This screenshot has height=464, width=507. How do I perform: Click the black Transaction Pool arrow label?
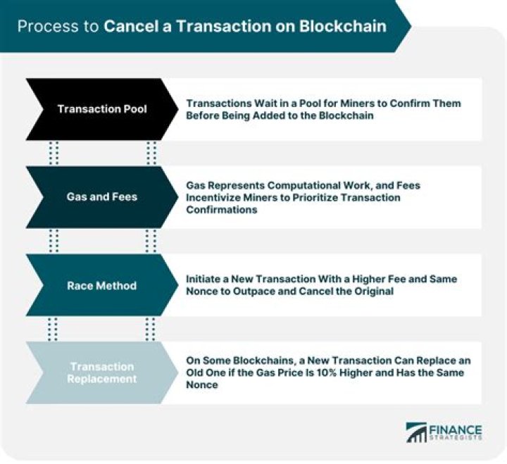coord(102,109)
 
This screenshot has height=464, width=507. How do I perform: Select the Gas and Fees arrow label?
coord(102,197)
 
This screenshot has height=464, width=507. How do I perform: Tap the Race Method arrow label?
coord(102,286)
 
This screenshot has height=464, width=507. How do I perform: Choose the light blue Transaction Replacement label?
coord(102,372)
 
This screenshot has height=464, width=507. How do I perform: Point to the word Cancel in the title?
coord(129,27)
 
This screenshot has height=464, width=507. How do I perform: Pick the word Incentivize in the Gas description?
coord(215,198)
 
